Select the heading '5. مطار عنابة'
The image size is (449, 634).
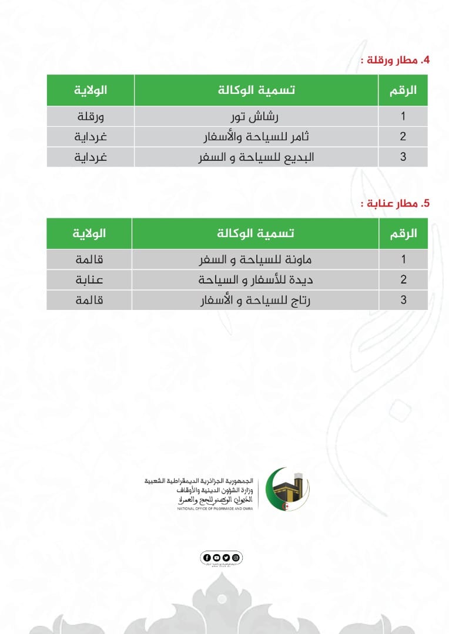coord(395,204)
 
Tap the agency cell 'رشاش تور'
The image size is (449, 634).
coord(256,116)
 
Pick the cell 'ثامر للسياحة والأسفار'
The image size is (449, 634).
coord(256,136)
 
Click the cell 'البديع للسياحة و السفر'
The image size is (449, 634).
coord(256,157)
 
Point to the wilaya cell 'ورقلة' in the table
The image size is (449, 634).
coord(91,116)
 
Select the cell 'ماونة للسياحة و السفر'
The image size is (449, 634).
coord(256,259)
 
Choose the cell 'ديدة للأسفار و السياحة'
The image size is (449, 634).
coord(256,279)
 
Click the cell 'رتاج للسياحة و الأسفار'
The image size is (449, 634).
coord(256,300)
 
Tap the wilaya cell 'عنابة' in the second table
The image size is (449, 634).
coord(90,279)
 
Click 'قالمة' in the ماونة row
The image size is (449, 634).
coord(90,259)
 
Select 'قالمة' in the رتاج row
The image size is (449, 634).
coord(90,300)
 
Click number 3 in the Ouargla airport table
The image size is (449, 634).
coord(403,157)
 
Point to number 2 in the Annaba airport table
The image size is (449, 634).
coord(403,279)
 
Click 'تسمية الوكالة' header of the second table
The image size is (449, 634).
coord(256,233)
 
